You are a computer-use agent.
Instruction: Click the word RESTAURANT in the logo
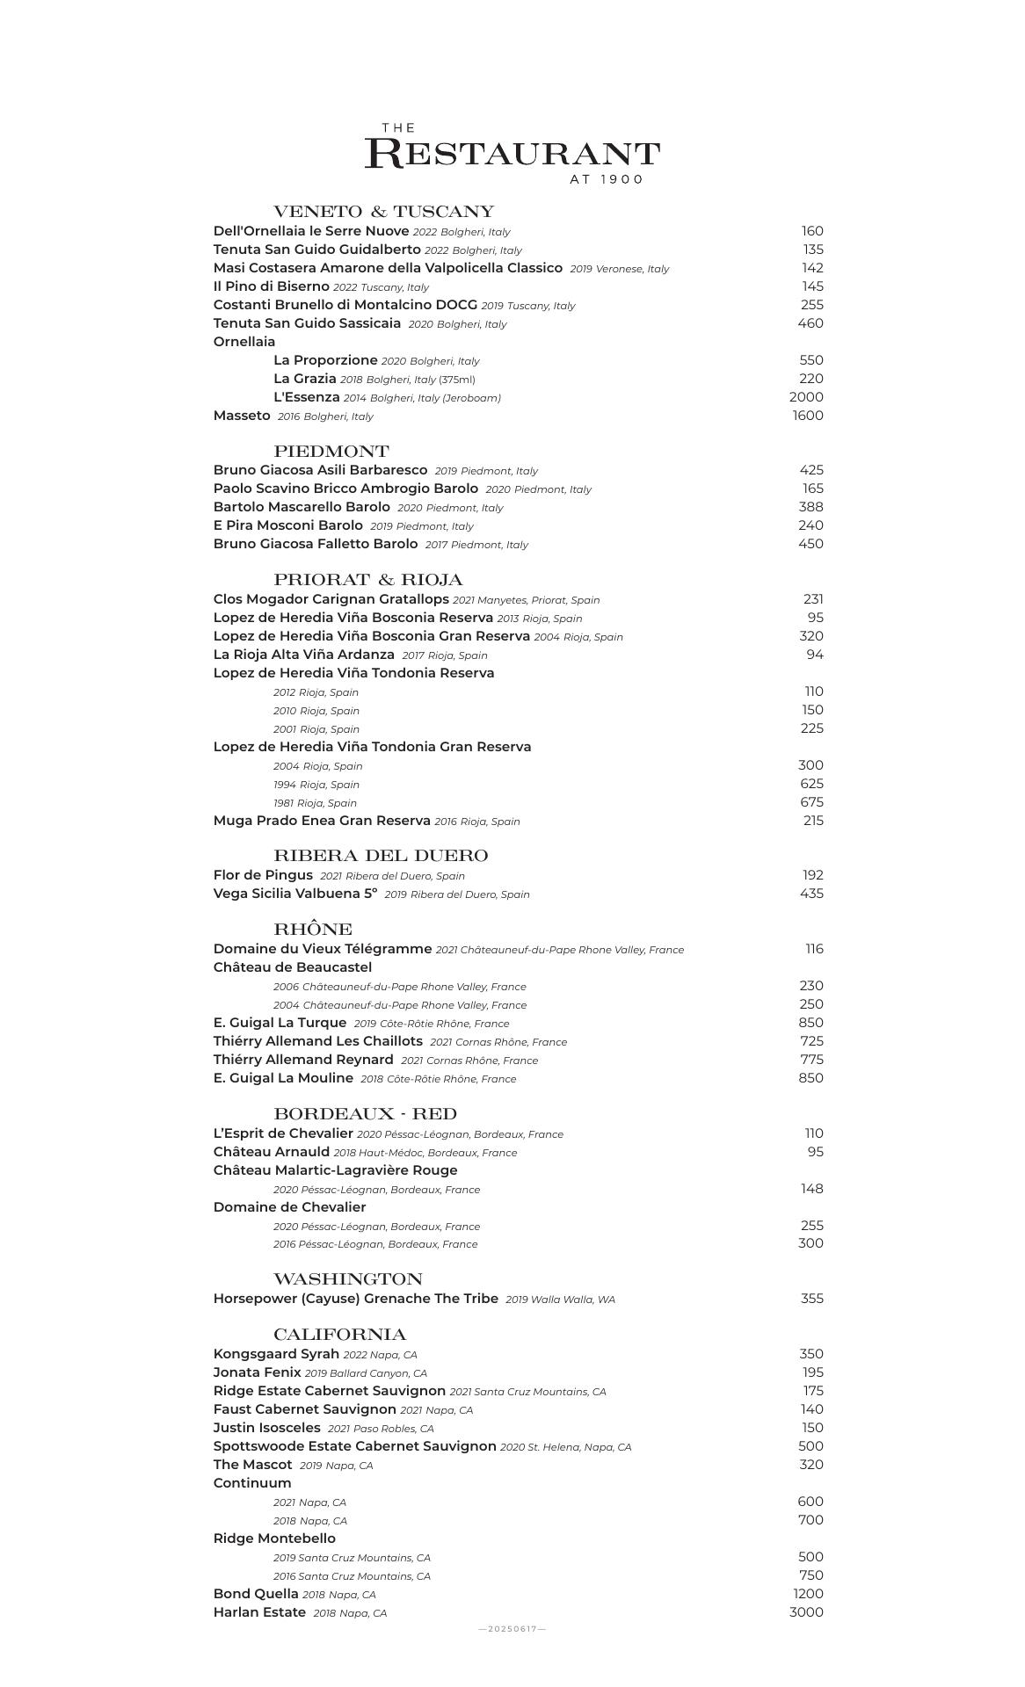[x=512, y=154]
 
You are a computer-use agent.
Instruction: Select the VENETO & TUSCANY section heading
[x=383, y=212]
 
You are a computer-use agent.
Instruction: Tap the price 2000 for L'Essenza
[x=806, y=397]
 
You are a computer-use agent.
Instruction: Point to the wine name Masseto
[x=242, y=416]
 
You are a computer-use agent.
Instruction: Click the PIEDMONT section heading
[x=331, y=452]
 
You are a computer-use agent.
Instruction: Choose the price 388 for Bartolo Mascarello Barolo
[x=811, y=507]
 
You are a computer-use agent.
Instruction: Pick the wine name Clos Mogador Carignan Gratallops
[x=331, y=599]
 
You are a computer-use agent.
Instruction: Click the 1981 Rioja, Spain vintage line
[x=315, y=803]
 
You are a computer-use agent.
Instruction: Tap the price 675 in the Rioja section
[x=811, y=802]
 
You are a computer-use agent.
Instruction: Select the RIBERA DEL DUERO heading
[x=380, y=856]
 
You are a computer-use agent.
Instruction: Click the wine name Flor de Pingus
[x=263, y=875]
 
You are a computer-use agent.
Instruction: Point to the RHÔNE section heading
[x=313, y=930]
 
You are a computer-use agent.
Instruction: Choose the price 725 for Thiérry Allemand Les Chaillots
[x=811, y=1041]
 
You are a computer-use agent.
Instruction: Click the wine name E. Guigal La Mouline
[x=283, y=1078]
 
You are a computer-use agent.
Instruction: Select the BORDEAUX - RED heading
[x=365, y=1114]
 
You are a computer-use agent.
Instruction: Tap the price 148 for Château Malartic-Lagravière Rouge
[x=811, y=1189]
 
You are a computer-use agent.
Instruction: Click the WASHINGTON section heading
[x=347, y=1279]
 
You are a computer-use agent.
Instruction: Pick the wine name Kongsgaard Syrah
[x=276, y=1354]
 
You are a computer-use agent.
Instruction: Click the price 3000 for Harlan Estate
[x=806, y=1612]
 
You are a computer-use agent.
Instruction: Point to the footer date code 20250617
[x=512, y=1629]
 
